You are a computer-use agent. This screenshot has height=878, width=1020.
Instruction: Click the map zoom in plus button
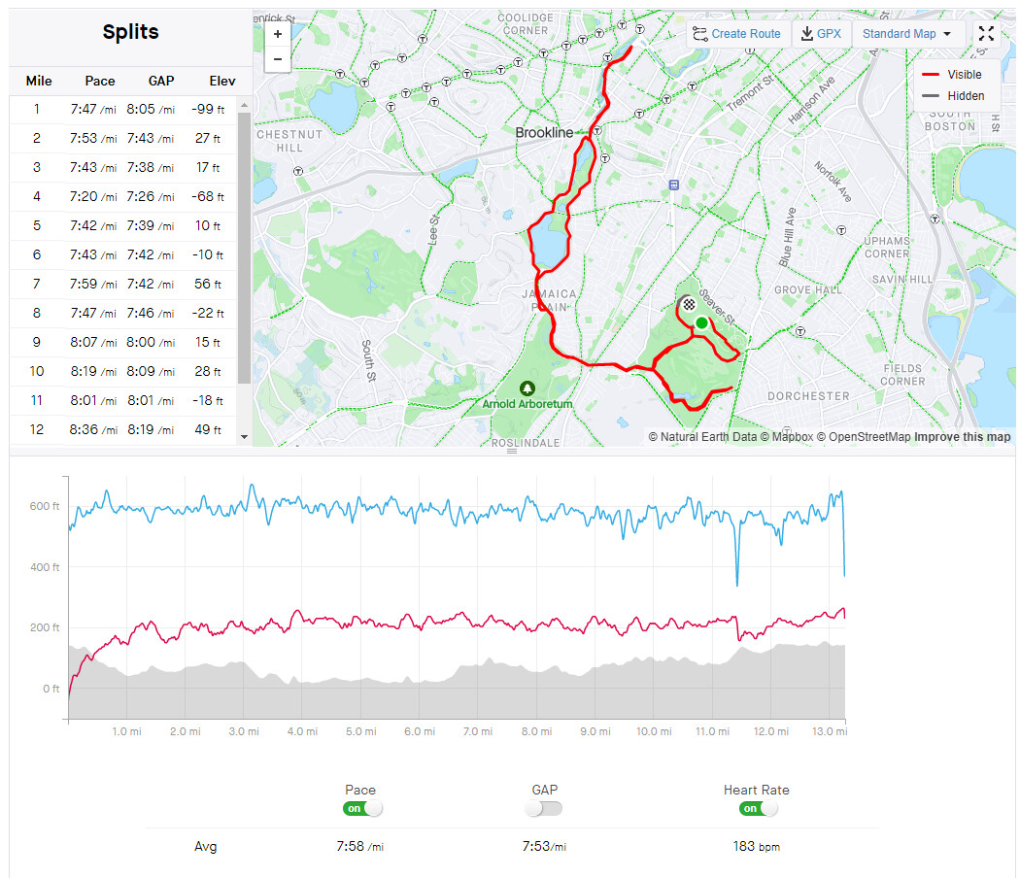coord(278,33)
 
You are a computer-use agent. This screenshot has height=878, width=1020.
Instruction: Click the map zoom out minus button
coord(278,58)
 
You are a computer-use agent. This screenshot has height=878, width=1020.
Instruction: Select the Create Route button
coord(737,34)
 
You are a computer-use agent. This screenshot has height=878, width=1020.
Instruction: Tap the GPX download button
coord(821,34)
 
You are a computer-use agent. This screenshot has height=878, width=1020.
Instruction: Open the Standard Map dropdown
coord(907,34)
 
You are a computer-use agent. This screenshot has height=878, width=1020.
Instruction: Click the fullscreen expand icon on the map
coord(986,34)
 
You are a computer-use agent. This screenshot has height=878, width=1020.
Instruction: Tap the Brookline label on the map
coord(544,133)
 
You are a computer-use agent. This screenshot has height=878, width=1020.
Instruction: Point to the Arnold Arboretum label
coord(527,402)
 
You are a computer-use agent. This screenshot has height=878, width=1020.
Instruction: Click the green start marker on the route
coord(701,322)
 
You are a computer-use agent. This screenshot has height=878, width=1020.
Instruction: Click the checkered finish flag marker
coord(689,303)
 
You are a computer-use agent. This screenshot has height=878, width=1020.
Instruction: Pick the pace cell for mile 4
coord(92,197)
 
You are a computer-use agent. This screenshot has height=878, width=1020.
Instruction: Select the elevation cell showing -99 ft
coord(208,110)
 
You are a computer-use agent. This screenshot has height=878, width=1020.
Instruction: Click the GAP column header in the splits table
coord(161,81)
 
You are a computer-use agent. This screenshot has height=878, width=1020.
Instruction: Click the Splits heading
coord(130,32)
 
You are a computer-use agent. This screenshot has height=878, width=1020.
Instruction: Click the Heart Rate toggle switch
coord(757,808)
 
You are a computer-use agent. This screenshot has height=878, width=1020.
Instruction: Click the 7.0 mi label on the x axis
coord(478,731)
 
